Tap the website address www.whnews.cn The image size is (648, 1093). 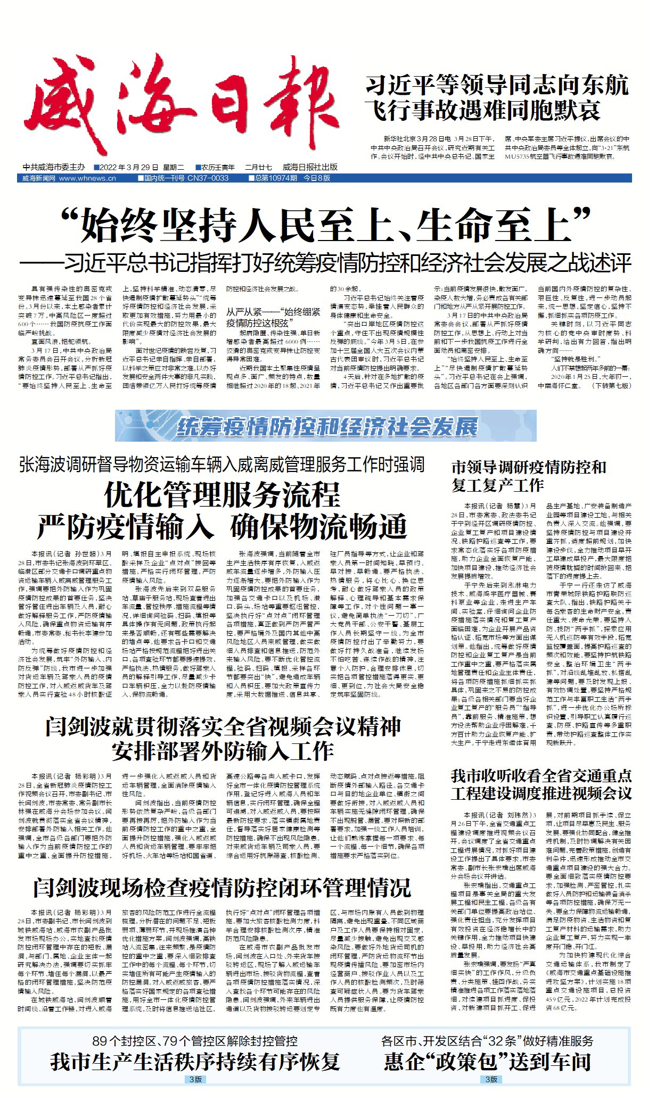pos(87,178)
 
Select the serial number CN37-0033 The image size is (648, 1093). pos(208,178)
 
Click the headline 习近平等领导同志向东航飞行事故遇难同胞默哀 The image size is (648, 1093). pos(497,98)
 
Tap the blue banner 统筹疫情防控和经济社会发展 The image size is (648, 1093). pos(326,426)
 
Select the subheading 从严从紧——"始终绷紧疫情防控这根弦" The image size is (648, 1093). pos(273,317)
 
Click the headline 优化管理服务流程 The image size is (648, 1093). pos(222,495)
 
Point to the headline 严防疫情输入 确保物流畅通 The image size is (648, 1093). pos(222,527)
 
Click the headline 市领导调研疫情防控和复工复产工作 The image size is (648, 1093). pos(528,476)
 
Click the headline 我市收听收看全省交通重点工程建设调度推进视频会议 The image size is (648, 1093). pos(541,785)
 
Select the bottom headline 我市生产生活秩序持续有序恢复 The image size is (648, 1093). pos(195,1062)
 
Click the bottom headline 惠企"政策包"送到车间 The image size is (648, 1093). pos(487,1062)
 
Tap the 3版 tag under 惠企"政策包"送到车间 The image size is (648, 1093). pos(491,1079)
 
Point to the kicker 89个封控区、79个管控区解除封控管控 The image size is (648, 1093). pos(195,1041)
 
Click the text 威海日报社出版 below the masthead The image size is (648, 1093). pos(310,167)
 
